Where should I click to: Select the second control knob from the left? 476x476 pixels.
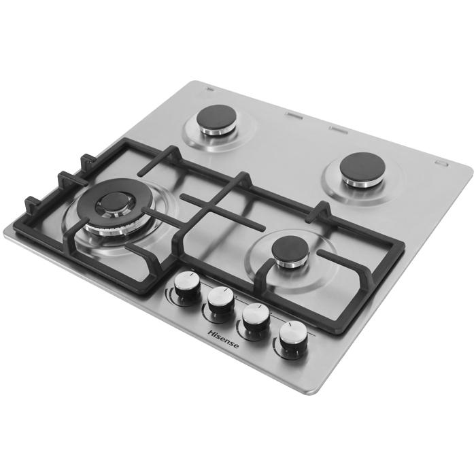220,301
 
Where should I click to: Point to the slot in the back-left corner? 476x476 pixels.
201,86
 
